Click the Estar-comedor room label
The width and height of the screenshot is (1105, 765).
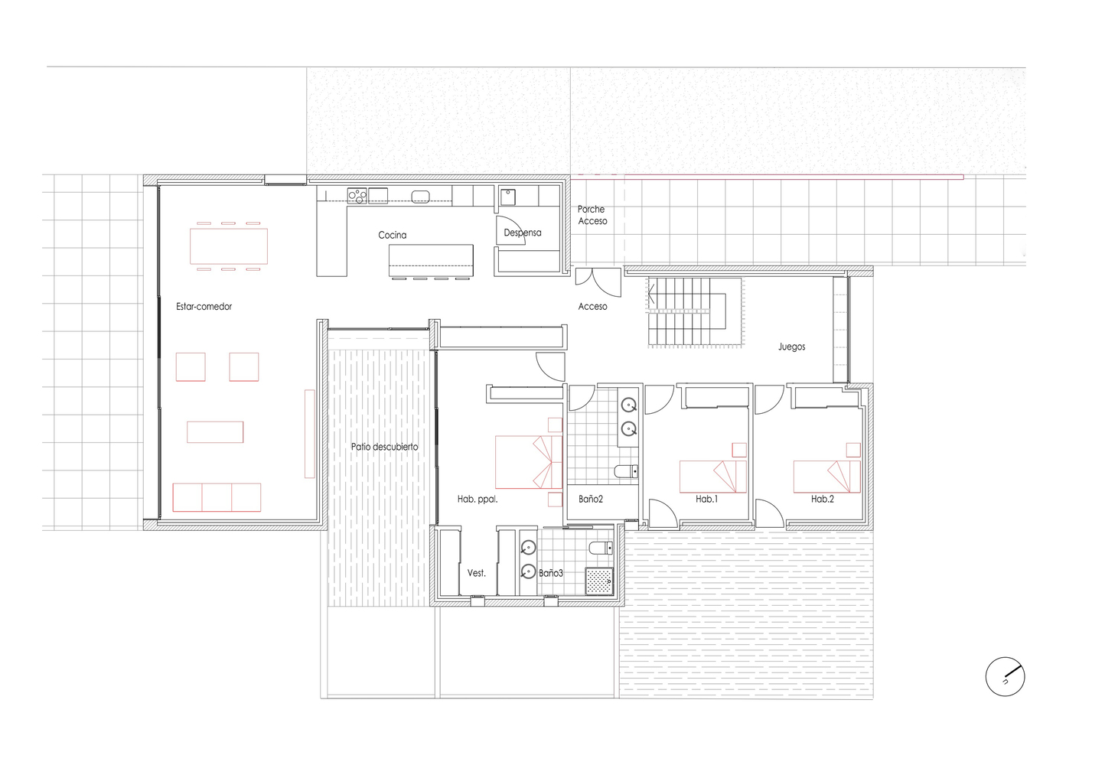pyautogui.click(x=204, y=306)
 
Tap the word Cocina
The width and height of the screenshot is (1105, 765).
pyautogui.click(x=392, y=236)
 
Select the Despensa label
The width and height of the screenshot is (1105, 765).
pyautogui.click(x=523, y=233)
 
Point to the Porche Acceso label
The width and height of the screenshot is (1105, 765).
pyautogui.click(x=592, y=215)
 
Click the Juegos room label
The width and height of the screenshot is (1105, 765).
pyautogui.click(x=792, y=347)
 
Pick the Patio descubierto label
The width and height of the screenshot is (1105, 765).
pyautogui.click(x=384, y=447)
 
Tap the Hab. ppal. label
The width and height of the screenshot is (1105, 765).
pyautogui.click(x=478, y=499)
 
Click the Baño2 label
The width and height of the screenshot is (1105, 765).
pyautogui.click(x=591, y=499)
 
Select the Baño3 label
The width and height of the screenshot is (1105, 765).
pyautogui.click(x=550, y=573)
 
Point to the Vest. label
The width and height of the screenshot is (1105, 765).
pyautogui.click(x=477, y=573)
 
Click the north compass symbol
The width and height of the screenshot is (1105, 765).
pyautogui.click(x=1006, y=677)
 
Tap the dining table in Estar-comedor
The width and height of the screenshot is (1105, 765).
pyautogui.click(x=229, y=246)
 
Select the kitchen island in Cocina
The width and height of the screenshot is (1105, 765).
pyautogui.click(x=431, y=260)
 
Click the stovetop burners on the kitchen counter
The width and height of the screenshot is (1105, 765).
pyautogui.click(x=357, y=195)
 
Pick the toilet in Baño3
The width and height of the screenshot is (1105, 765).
pyautogui.click(x=601, y=548)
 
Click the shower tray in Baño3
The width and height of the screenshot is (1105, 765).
pyautogui.click(x=599, y=581)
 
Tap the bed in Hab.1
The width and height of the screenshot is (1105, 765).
pyautogui.click(x=713, y=477)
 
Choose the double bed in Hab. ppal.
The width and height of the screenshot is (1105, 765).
pyautogui.click(x=529, y=462)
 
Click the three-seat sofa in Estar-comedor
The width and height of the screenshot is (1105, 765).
pyautogui.click(x=217, y=497)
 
